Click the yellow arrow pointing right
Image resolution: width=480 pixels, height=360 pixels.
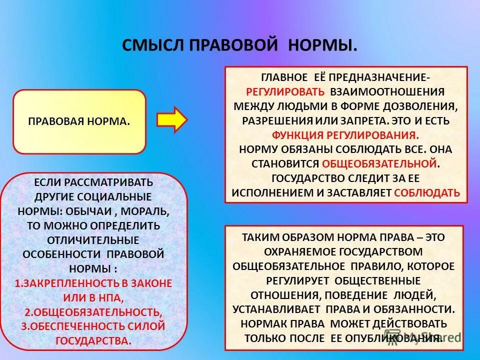click(x=171, y=119)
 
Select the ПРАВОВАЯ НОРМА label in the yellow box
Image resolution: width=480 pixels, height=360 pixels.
click(x=79, y=121)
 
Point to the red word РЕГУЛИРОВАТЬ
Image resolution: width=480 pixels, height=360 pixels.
click(x=285, y=91)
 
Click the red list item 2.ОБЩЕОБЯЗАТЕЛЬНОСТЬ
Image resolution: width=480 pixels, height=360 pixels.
click(x=93, y=312)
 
